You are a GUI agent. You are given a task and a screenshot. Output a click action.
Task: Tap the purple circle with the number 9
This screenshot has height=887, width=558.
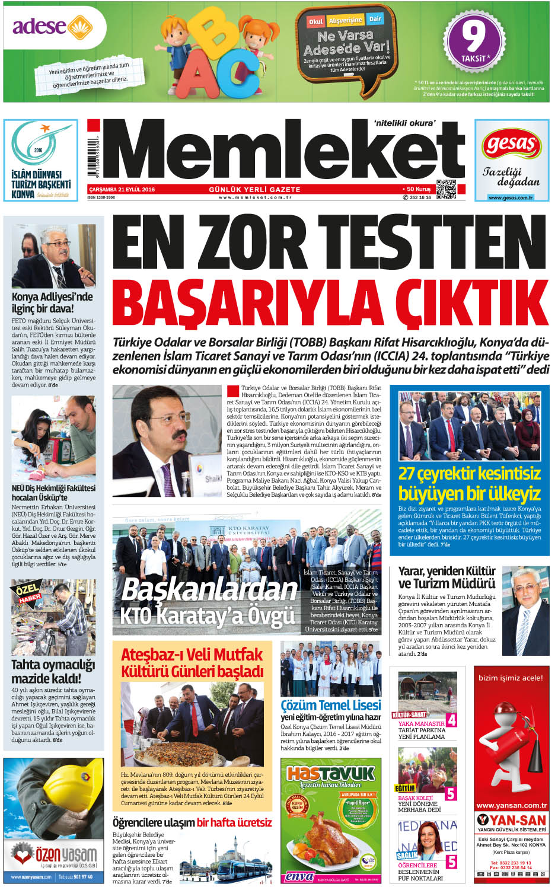point(474,38)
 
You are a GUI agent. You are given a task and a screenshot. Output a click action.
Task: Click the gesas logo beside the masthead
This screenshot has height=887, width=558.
point(511,145)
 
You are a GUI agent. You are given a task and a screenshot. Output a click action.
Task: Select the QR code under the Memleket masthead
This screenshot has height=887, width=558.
point(447,189)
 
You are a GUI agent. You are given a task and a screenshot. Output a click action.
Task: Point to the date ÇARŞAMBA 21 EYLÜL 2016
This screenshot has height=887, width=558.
point(122,190)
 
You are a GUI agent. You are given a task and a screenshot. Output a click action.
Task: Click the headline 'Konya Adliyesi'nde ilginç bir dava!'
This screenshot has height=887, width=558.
point(52,302)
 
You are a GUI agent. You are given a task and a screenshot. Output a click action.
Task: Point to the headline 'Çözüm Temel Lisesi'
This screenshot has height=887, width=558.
point(331,705)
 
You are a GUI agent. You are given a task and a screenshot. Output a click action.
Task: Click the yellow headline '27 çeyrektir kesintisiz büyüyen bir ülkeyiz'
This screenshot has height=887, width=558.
point(469,483)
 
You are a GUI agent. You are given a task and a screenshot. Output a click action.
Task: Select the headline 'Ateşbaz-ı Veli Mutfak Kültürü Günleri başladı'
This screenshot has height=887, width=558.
point(192,663)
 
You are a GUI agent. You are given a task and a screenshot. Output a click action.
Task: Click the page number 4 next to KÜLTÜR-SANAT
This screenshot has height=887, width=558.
point(451,720)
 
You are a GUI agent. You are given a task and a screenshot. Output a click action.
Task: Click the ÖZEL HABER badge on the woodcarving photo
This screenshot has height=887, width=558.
point(27,594)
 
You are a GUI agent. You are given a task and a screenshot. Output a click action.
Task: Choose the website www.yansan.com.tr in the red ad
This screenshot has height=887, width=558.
point(511,805)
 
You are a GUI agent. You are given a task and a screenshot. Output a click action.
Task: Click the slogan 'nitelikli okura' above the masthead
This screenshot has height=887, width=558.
point(404,123)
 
